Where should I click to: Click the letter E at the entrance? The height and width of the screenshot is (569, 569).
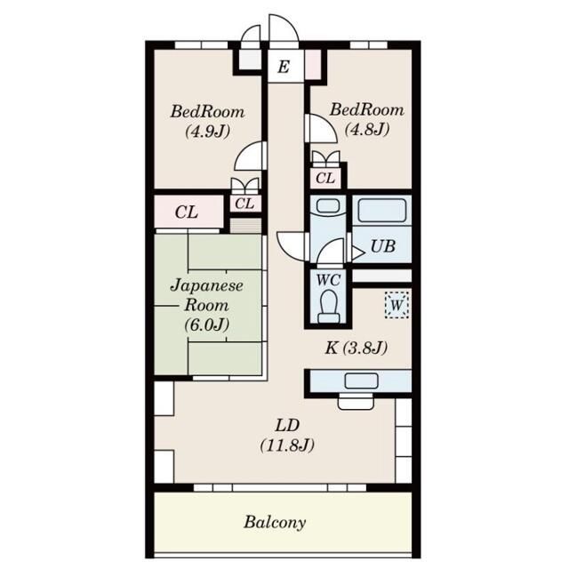pyautogui.click(x=284, y=68)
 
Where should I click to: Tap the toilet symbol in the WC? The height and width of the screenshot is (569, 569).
pyautogui.click(x=329, y=306)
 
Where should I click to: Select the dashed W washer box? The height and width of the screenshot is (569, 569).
pyautogui.click(x=397, y=305)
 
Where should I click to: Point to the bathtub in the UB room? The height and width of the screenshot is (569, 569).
pyautogui.click(x=381, y=211)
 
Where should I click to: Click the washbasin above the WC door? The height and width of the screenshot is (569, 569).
pyautogui.click(x=328, y=206)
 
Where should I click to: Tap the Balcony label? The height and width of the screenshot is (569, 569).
pyautogui.click(x=275, y=523)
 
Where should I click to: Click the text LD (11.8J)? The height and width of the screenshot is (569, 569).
pyautogui.click(x=287, y=436)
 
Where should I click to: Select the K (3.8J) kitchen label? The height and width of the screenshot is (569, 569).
pyautogui.click(x=356, y=348)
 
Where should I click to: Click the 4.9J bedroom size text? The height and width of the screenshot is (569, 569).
pyautogui.click(x=207, y=132)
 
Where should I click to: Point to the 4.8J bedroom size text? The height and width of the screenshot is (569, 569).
pyautogui.click(x=367, y=129)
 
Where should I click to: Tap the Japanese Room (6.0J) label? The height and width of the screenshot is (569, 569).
pyautogui.click(x=207, y=305)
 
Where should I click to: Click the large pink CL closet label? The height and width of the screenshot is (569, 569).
pyautogui.click(x=187, y=212)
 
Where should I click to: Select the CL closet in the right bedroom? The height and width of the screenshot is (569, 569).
pyautogui.click(x=325, y=178)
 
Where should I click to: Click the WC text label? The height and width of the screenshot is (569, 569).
pyautogui.click(x=328, y=280)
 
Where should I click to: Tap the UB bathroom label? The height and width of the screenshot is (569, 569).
pyautogui.click(x=383, y=246)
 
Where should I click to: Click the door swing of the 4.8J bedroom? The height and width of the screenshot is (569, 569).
pyautogui.click(x=321, y=128)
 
